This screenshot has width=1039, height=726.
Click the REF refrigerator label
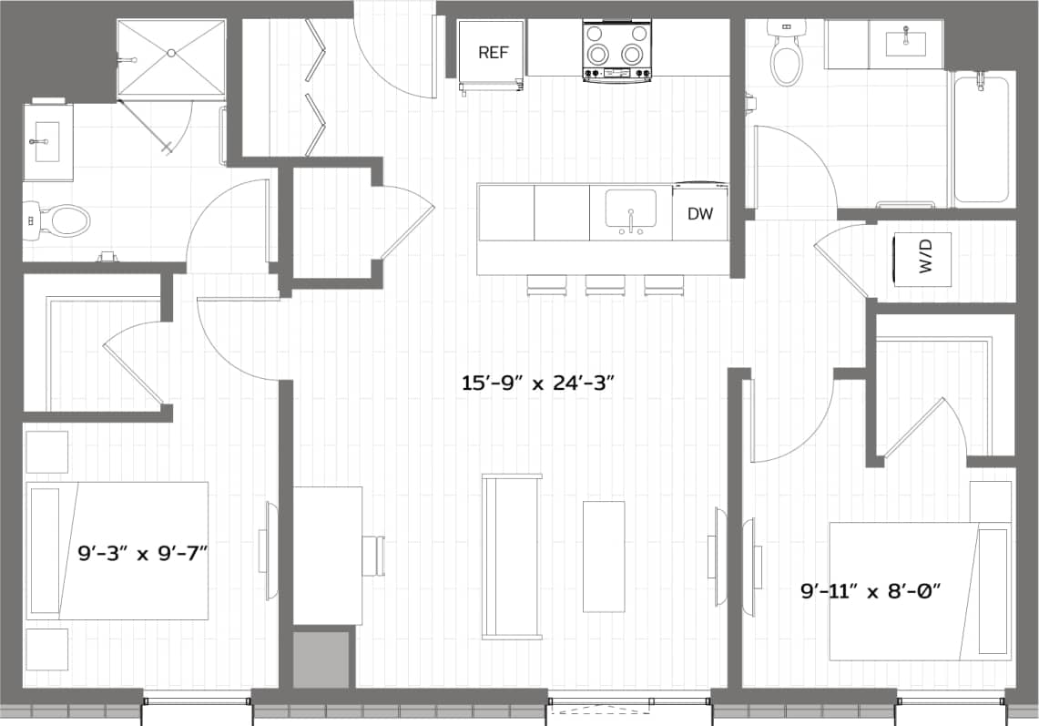493,53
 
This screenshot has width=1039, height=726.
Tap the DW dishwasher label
700,215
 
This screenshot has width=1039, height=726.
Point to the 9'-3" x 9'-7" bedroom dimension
145,551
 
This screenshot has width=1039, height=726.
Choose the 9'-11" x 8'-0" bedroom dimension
870,591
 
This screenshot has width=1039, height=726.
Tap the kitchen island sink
630,211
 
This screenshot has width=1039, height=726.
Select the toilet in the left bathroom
65,220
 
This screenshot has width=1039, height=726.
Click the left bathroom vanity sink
46,141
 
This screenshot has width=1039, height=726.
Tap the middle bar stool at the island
605,285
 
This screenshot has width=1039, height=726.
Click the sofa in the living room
511,556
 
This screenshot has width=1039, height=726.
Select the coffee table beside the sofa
603,556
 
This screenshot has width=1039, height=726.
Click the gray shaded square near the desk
321,660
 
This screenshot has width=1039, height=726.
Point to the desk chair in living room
373,556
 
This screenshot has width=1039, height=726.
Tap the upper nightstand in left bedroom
46,452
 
